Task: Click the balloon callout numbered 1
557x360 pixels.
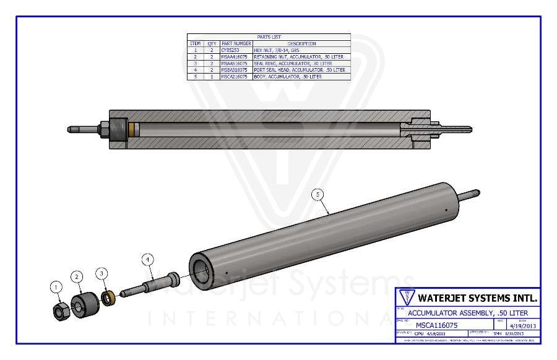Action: (x=56, y=286)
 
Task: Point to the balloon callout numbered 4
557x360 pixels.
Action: (x=147, y=259)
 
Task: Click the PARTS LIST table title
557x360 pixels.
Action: (x=269, y=37)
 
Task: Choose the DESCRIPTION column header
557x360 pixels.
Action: (x=301, y=44)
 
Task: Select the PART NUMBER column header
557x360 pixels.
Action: (x=235, y=44)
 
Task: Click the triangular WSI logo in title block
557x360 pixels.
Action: (x=407, y=297)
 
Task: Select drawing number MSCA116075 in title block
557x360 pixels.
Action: (x=436, y=324)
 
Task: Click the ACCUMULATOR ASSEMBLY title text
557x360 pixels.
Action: (x=467, y=313)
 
